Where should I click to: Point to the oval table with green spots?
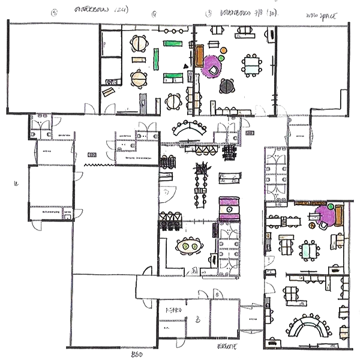coord(190,245)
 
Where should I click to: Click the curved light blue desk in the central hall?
coord(190,128)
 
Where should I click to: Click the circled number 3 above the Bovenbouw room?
coord(208,12)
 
